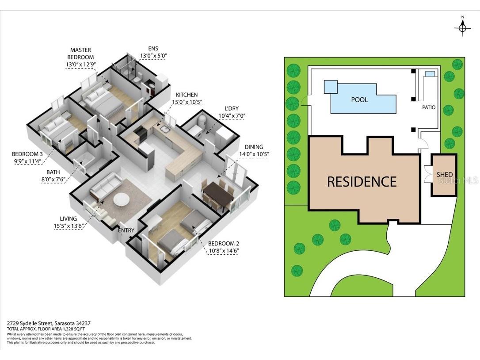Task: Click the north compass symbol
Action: pyautogui.click(x=462, y=28)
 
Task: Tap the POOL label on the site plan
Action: pyautogui.click(x=359, y=100)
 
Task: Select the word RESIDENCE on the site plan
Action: pyautogui.click(x=362, y=181)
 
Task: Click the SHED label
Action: pyautogui.click(x=444, y=175)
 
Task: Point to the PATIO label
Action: pyautogui.click(x=429, y=107)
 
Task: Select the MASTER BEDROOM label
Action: pyautogui.click(x=80, y=54)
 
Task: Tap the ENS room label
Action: pyautogui.click(x=153, y=49)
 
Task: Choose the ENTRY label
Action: pyautogui.click(x=126, y=230)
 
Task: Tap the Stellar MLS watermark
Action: pyautogui.click(x=461, y=180)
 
